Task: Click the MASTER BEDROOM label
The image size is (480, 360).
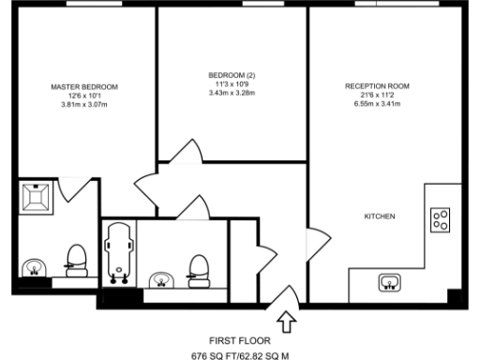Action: [x=83, y=86]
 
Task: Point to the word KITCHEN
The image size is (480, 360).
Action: [x=379, y=217]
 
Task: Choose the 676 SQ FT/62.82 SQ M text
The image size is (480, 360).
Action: [x=240, y=355]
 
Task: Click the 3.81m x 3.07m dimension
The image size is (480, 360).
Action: [x=83, y=103]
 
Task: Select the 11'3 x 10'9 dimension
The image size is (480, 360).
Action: [x=232, y=83]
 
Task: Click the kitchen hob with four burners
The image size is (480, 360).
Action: [x=439, y=220]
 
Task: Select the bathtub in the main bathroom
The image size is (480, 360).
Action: [x=117, y=251]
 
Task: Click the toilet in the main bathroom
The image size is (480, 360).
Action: [x=198, y=266]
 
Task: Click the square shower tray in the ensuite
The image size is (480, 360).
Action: [x=38, y=198]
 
